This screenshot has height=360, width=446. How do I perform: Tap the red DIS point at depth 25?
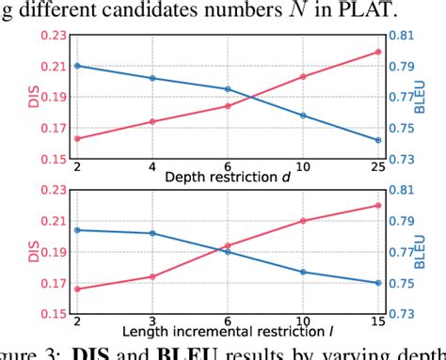click(x=378, y=51)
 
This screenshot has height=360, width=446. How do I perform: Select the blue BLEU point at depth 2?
click(x=77, y=66)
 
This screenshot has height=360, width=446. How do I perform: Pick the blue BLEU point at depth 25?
click(x=378, y=140)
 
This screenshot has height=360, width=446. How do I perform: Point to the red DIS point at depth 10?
click(x=303, y=76)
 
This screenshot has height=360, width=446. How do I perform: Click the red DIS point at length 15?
click(x=378, y=205)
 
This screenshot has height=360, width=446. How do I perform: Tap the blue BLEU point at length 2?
click(x=77, y=229)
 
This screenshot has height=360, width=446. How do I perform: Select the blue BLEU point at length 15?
click(x=378, y=283)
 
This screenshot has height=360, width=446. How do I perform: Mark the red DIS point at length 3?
click(x=152, y=276)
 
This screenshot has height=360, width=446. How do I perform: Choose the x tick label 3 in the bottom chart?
click(x=152, y=321)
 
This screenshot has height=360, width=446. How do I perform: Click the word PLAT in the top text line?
click(x=367, y=10)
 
